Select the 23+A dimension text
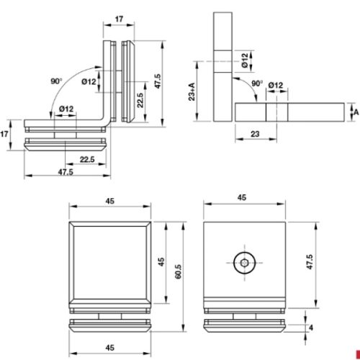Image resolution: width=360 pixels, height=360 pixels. (x=192, y=94)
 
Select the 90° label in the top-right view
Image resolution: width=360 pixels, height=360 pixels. (x=256, y=84)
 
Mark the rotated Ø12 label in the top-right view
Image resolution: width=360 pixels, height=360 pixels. (x=246, y=60)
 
